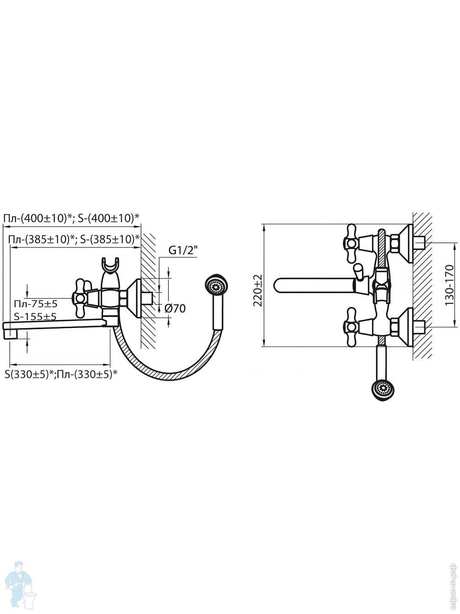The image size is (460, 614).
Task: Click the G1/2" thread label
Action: tap(183, 251)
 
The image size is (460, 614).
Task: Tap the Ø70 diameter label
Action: tap(175, 309)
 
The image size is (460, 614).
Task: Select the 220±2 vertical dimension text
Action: tap(258, 291)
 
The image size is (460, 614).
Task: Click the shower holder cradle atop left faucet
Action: tap(111, 266)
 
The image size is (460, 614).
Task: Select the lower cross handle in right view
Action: tap(351, 327)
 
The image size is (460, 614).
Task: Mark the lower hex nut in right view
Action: tap(395, 327)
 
